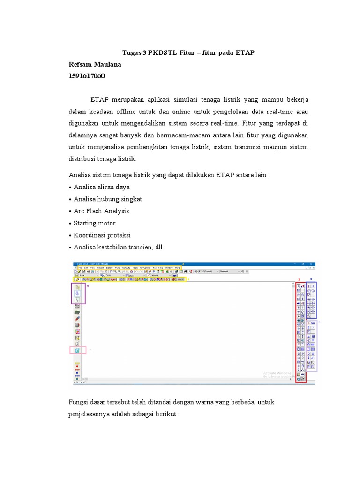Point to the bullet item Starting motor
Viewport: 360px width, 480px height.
[x=94, y=223]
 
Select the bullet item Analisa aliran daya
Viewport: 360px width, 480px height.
[x=102, y=187]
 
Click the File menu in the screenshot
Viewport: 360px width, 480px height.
[x=80, y=267]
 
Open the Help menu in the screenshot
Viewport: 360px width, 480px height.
[x=178, y=267]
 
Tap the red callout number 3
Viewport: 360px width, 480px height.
[x=299, y=280]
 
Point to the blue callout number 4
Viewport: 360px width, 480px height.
[x=311, y=279]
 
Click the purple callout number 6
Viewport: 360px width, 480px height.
[x=88, y=285]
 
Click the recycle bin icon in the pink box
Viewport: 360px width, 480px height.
[x=77, y=350]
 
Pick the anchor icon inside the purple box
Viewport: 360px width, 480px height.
[x=77, y=292]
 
